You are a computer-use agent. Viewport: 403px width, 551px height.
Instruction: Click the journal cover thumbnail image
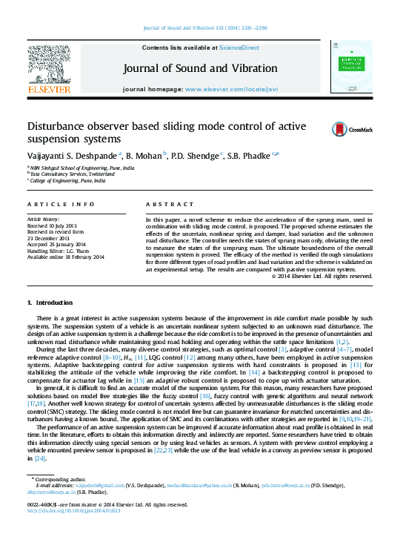351,67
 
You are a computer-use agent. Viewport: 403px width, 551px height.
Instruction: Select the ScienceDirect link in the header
239,47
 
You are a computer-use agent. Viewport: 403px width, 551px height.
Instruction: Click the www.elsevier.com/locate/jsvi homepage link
231,89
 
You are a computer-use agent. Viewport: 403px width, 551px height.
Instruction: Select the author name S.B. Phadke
253,155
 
